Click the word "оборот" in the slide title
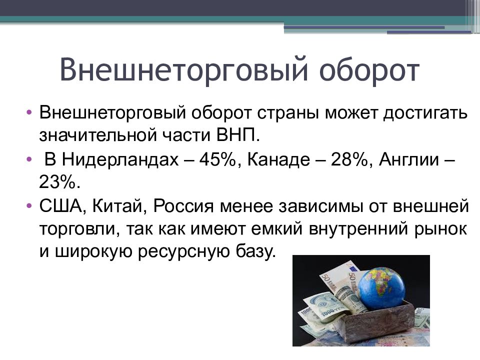click(369, 70)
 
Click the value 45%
click(217, 159)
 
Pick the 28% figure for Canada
click(348, 159)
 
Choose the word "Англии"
click(409, 159)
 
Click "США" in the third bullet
click(60, 206)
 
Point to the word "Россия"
click(183, 206)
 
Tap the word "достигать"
click(425, 114)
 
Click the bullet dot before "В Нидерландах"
click(29, 159)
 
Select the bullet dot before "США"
click(29, 205)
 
